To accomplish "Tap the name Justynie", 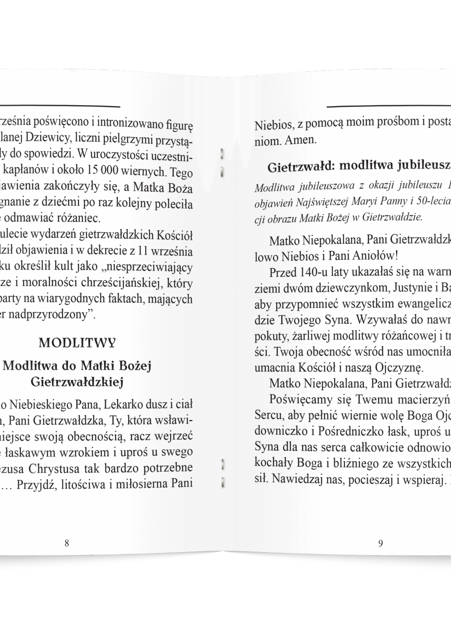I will pyautogui.click(x=414, y=287).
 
